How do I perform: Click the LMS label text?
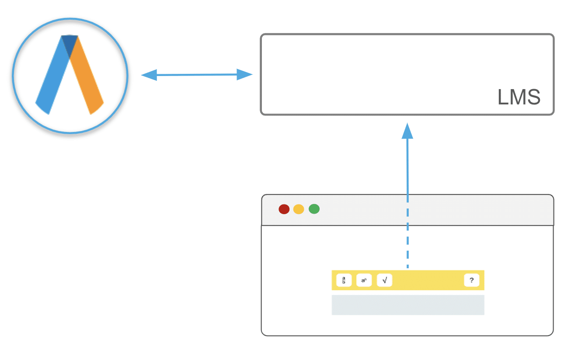[x=519, y=97]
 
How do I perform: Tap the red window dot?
[x=284, y=209]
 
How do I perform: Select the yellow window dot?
[x=299, y=209]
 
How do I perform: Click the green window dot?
[x=314, y=209]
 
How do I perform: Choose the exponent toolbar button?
[x=364, y=280]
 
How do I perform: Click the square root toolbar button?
[x=384, y=280]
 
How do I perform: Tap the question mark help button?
[x=471, y=280]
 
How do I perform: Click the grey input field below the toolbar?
[x=407, y=305]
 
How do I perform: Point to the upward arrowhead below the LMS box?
[x=407, y=131]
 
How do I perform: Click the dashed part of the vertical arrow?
[x=407, y=245]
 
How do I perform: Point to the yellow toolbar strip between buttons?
[x=428, y=280]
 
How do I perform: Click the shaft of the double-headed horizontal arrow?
[x=197, y=75]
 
